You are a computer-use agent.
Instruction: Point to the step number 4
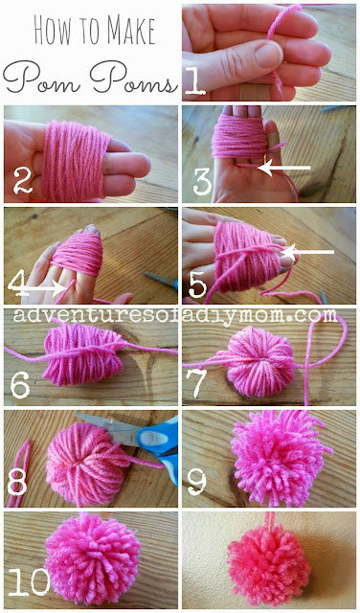coord(17,282)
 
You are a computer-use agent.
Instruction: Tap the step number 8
coord(18,484)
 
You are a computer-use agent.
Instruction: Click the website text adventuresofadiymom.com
coord(180,314)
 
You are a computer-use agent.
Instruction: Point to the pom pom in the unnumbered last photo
coord(271,568)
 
